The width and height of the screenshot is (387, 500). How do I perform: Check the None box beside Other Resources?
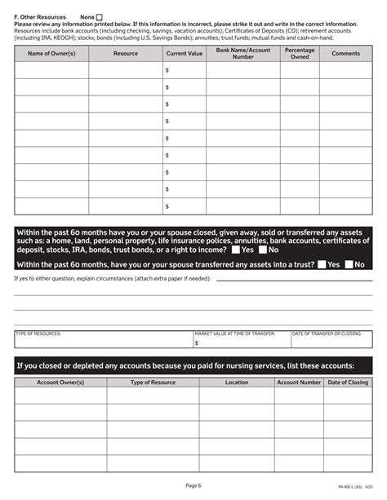coord(100,17)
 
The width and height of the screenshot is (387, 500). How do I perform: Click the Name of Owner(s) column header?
coord(51,53)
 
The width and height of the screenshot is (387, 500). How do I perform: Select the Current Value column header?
coord(185,53)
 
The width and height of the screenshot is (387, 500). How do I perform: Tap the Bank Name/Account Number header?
coord(243,53)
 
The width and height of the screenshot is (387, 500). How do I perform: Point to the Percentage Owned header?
coord(300,53)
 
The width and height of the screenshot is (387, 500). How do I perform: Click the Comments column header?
coord(345,53)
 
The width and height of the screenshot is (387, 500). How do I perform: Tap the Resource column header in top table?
coord(126,53)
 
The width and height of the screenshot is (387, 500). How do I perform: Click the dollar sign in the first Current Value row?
coord(167,71)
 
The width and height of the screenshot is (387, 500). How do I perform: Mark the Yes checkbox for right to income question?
coord(235,250)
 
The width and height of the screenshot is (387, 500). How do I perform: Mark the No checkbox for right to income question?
coord(263,250)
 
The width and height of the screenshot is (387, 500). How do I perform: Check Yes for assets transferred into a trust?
coord(322,264)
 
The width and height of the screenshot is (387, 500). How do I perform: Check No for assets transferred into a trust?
coord(349,264)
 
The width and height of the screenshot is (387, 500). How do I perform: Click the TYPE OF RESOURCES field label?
coord(38,334)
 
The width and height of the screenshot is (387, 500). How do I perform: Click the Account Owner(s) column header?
coord(60,382)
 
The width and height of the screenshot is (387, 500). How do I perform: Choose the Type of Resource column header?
coord(153,382)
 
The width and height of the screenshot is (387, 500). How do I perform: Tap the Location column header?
coord(237,382)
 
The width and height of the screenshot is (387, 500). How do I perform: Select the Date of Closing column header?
coord(348,382)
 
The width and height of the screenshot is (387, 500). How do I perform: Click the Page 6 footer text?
coord(193,485)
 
